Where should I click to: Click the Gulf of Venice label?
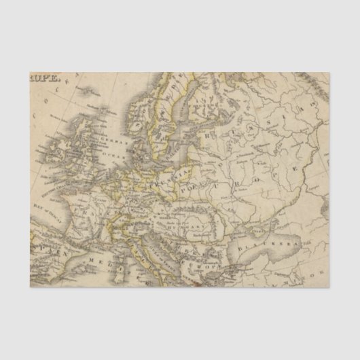(145, 234)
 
